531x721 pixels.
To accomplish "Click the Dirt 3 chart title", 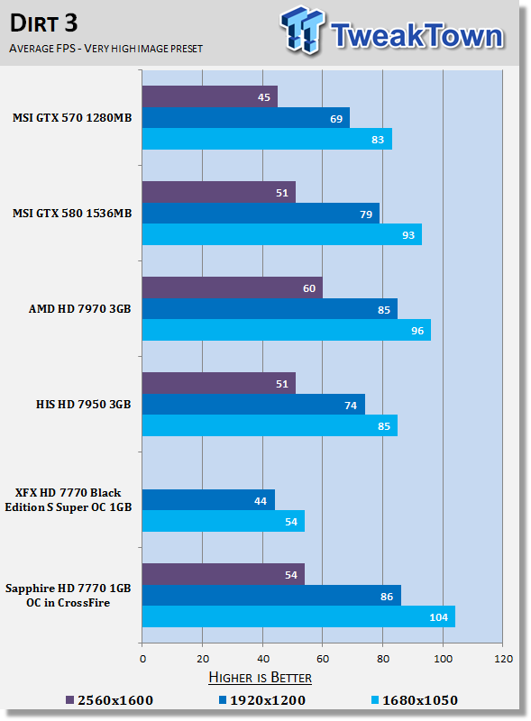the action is pyautogui.click(x=43, y=23).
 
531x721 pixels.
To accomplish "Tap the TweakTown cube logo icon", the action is pyautogui.click(x=302, y=30).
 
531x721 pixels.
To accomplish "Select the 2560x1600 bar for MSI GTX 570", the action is pyautogui.click(x=210, y=96).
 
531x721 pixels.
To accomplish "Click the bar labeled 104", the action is pyautogui.click(x=298, y=616).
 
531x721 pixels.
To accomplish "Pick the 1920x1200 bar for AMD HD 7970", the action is pyautogui.click(x=270, y=309).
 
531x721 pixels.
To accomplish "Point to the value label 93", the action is pyautogui.click(x=408, y=235).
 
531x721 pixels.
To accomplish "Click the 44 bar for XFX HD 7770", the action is pyautogui.click(x=208, y=500).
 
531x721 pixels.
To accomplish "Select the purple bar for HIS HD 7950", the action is pyautogui.click(x=218, y=383).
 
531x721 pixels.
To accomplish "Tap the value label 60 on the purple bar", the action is pyautogui.click(x=309, y=288).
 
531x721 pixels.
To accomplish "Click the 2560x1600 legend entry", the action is pyautogui.click(x=109, y=700).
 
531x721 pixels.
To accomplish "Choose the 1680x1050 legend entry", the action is pyautogui.click(x=414, y=700).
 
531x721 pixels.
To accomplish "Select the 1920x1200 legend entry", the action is pyautogui.click(x=261, y=700).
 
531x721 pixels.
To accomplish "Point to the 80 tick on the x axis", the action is pyautogui.click(x=383, y=659).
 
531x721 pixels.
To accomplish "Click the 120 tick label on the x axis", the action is pyautogui.click(x=503, y=659).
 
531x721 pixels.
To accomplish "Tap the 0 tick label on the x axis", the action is pyautogui.click(x=142, y=659).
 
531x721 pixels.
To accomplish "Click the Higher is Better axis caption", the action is pyautogui.click(x=260, y=678).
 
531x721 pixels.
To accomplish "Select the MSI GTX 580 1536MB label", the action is pyautogui.click(x=72, y=214).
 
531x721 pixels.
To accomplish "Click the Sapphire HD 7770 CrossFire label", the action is pyautogui.click(x=69, y=596).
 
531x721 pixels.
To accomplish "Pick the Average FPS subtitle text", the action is pyautogui.click(x=105, y=49).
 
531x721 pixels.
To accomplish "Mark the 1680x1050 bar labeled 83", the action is pyautogui.click(x=267, y=139).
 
